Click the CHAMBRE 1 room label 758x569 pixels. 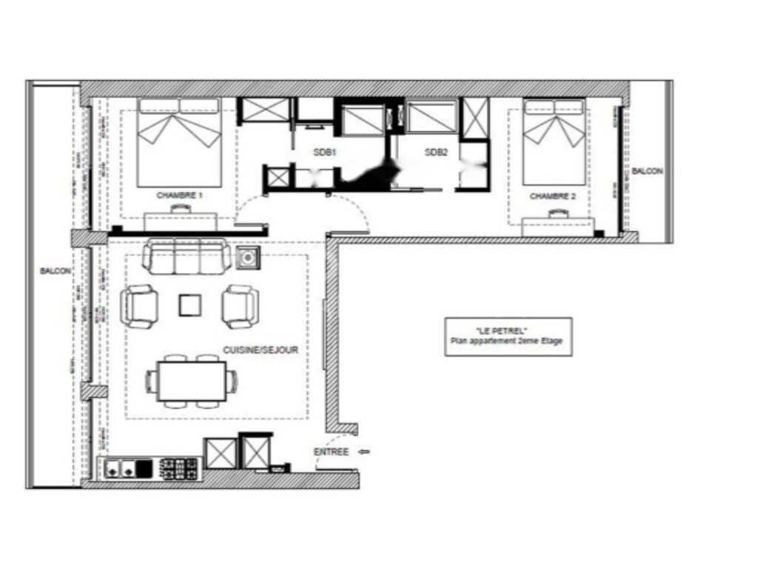coord(179,196)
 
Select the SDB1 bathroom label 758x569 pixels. coord(324,153)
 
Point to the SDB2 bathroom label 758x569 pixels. coord(436,153)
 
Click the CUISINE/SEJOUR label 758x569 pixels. coord(261,350)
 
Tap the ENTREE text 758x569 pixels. coord(331,452)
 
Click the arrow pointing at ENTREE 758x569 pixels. coord(363,451)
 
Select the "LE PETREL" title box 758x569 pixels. coord(508,337)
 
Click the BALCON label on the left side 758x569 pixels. coord(55,272)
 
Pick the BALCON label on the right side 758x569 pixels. coord(647,171)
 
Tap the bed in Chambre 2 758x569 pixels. coord(554,142)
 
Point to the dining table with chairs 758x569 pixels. coord(192,381)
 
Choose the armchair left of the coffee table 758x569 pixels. coord(139,306)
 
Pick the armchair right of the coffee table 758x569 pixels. coord(241,306)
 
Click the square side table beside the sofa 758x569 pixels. coord(247,258)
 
